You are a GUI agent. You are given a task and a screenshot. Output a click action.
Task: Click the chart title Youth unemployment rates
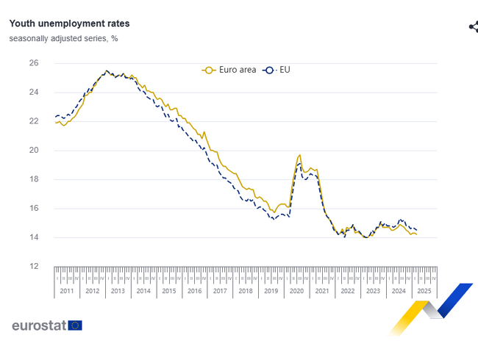pos(69,24)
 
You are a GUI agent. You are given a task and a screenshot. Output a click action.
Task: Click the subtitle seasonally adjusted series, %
pos(63,38)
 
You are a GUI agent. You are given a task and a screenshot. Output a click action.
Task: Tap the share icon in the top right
pos(474,27)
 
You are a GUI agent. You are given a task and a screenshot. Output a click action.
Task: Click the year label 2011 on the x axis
pos(67,291)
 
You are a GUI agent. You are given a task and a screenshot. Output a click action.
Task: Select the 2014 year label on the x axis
pos(143,291)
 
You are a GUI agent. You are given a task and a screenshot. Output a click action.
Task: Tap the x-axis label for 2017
pos(220,291)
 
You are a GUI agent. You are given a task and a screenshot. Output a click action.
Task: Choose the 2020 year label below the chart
pos(296,291)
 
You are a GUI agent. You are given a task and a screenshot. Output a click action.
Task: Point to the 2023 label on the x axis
pos(373,291)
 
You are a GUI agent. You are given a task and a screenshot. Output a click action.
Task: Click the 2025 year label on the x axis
pos(424,291)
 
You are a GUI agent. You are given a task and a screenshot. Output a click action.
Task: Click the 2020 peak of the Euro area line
pos(299,155)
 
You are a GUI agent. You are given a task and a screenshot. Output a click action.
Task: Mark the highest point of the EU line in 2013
pos(107,71)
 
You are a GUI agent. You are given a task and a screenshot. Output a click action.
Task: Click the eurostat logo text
pos(38,325)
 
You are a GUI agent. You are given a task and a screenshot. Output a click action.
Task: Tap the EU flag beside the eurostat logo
pos(75,325)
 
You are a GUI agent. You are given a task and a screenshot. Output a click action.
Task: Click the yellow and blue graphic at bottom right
pos(432,307)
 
